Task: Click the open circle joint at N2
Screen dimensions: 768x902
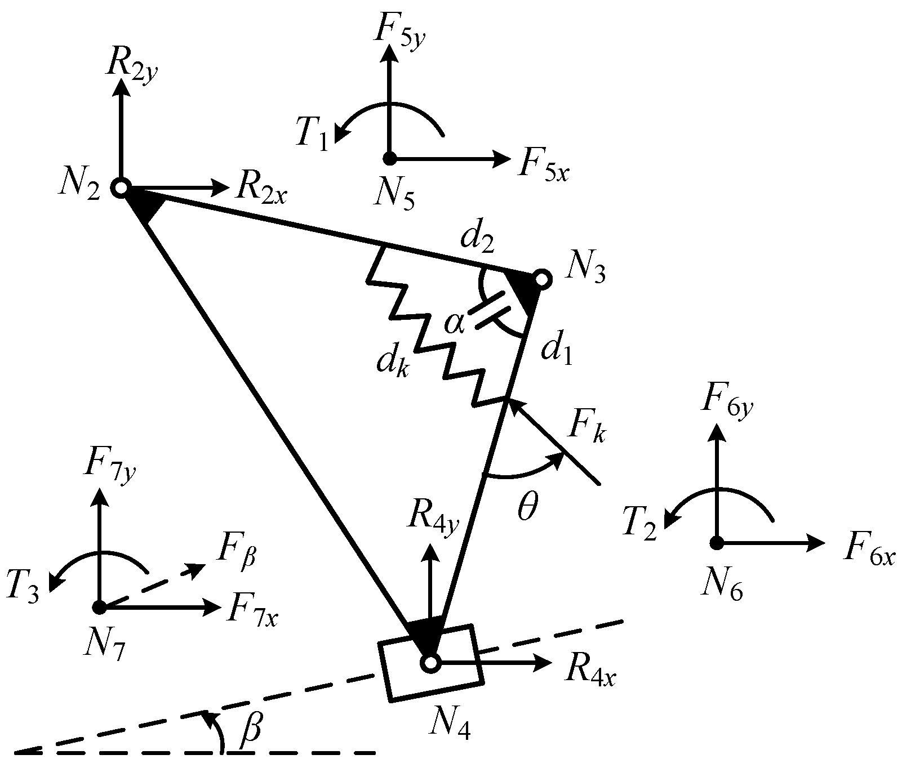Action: (x=121, y=187)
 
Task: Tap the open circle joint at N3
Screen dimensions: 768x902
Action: (x=541, y=279)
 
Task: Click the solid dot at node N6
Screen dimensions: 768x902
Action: (x=716, y=543)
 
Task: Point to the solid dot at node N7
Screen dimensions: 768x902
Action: (x=100, y=608)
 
